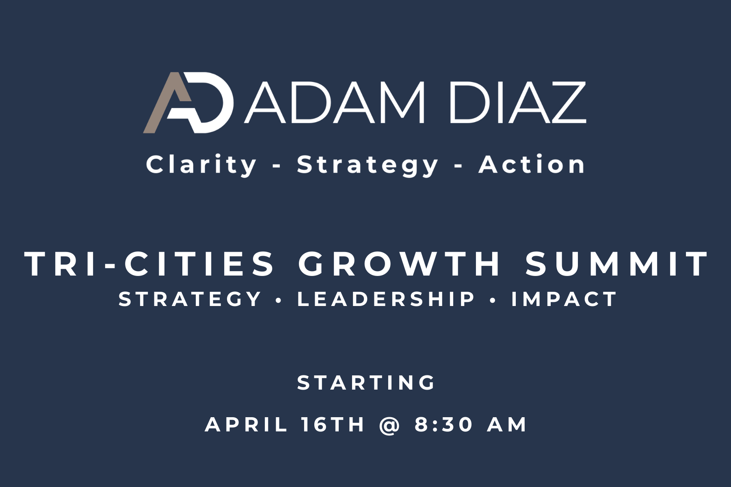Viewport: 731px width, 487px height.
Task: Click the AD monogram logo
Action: (x=188, y=103)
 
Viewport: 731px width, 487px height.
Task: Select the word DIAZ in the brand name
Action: (x=518, y=103)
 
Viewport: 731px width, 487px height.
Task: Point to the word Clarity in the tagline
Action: (x=201, y=165)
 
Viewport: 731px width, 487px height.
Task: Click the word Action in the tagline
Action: (x=532, y=164)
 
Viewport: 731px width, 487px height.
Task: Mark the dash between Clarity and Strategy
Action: (x=277, y=166)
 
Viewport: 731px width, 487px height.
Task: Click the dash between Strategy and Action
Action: (x=459, y=166)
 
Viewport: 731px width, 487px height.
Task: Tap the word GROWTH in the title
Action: (x=400, y=264)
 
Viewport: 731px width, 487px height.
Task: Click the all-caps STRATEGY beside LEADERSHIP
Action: (x=190, y=299)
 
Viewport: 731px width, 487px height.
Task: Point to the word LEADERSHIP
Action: (x=386, y=299)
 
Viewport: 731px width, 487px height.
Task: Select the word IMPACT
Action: (x=564, y=299)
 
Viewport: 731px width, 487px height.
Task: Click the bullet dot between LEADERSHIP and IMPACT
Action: (x=493, y=300)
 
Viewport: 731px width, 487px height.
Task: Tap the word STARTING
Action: (x=366, y=383)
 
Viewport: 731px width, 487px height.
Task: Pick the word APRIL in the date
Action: (x=246, y=425)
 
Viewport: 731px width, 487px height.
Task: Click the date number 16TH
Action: (x=333, y=425)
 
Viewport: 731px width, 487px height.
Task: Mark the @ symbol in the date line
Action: (x=389, y=425)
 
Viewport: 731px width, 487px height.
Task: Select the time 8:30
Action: (x=444, y=425)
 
